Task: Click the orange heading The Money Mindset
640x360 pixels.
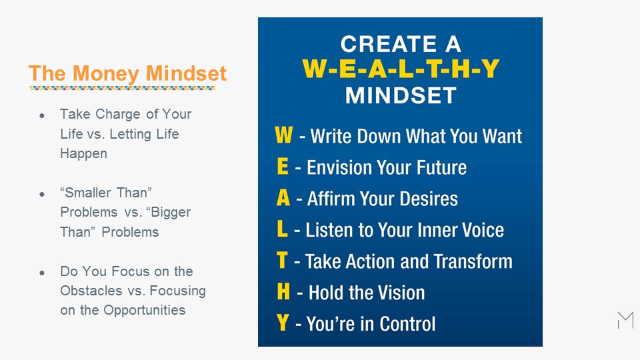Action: [127, 73]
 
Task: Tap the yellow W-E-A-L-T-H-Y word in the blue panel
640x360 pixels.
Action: [401, 69]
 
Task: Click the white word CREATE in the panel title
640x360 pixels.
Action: [389, 44]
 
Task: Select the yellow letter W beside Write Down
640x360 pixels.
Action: [284, 135]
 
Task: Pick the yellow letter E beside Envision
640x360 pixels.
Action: [283, 166]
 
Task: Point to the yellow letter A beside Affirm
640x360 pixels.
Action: [283, 197]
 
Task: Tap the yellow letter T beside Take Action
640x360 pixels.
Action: [282, 260]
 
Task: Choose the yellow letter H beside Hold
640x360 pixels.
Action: [283, 291]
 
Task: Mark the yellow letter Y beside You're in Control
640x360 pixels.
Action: [283, 323]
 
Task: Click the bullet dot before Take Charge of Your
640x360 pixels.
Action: [42, 116]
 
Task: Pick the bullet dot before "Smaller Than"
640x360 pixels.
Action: [42, 194]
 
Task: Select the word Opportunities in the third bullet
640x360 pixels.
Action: [145, 310]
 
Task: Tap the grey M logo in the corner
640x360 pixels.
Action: [625, 320]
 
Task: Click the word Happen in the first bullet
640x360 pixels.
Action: [84, 154]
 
